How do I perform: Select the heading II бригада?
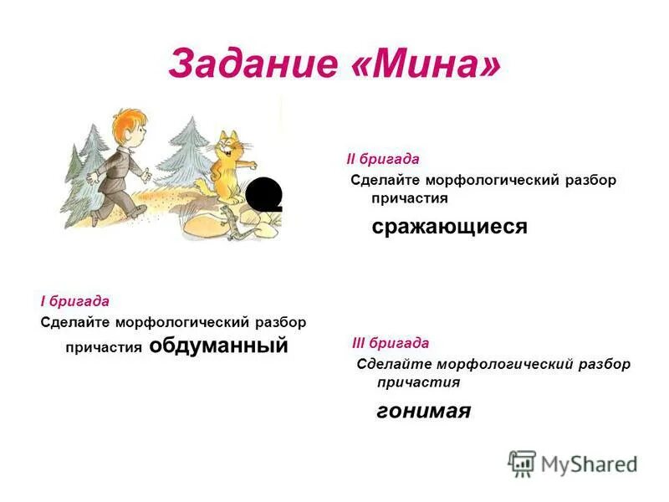point(383,158)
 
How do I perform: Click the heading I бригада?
point(74,300)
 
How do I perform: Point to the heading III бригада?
point(391,343)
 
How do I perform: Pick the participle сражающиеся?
point(449,227)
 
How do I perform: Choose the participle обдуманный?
point(218,345)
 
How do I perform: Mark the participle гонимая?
point(423,411)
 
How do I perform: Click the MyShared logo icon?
point(522,464)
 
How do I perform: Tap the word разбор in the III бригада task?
point(603,364)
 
